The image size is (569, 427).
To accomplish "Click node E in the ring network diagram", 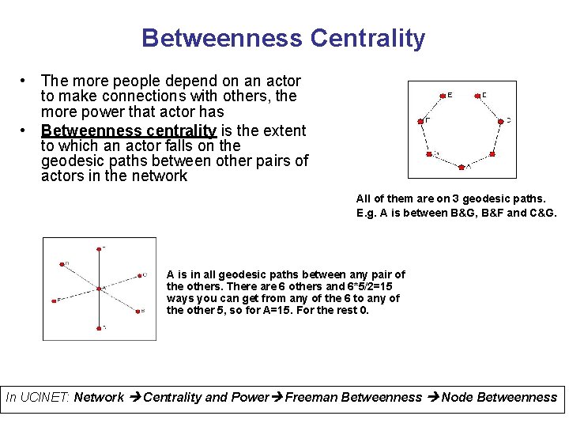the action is [x=442, y=96].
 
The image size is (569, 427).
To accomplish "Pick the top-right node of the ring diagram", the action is [x=477, y=96].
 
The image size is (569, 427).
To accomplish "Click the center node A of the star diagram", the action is [x=99, y=289].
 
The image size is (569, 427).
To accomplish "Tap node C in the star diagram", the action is [x=138, y=275].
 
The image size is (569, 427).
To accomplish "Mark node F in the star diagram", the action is [x=58, y=300].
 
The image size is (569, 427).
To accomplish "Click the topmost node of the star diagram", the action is [x=99, y=249].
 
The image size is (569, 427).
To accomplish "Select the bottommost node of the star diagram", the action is [x=99, y=327].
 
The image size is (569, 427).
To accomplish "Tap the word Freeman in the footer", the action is [x=311, y=398].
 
